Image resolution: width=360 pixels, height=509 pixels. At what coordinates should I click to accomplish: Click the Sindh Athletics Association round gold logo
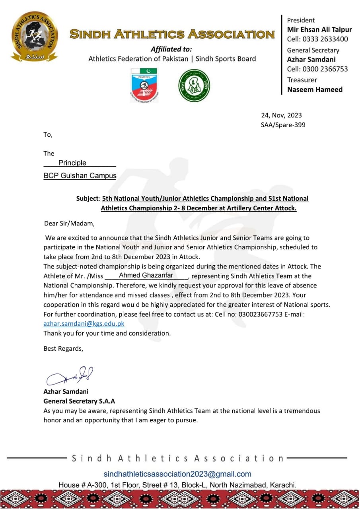34,37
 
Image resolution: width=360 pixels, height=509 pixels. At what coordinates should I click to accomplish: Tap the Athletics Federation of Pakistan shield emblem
144,85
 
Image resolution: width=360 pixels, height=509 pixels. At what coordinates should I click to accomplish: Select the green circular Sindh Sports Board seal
194,85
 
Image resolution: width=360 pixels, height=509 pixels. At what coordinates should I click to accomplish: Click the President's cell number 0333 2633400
317,39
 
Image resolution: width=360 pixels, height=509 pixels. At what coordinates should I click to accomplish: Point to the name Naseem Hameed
315,89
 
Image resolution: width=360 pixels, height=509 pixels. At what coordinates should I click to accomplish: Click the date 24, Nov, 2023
281,115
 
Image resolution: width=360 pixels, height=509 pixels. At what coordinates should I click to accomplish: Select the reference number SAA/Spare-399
283,125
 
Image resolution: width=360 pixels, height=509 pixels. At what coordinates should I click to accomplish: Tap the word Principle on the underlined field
72,163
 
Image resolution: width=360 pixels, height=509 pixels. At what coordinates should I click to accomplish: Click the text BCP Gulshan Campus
80,176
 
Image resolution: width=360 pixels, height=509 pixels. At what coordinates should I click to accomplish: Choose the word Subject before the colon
87,198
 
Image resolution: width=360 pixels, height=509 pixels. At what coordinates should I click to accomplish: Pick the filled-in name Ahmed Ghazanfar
146,275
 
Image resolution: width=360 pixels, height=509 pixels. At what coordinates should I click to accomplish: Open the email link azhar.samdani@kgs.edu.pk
84,324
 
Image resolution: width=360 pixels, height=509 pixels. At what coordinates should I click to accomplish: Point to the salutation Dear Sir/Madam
70,223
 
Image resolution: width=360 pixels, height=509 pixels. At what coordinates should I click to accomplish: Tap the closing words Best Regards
63,349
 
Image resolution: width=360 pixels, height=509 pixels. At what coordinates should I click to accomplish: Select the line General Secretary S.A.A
79,401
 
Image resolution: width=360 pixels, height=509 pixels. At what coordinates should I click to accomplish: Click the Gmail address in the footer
177,474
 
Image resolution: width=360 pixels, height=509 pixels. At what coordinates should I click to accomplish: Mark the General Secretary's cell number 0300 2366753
317,69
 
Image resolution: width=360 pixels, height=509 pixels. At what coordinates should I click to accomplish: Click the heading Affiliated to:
171,49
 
